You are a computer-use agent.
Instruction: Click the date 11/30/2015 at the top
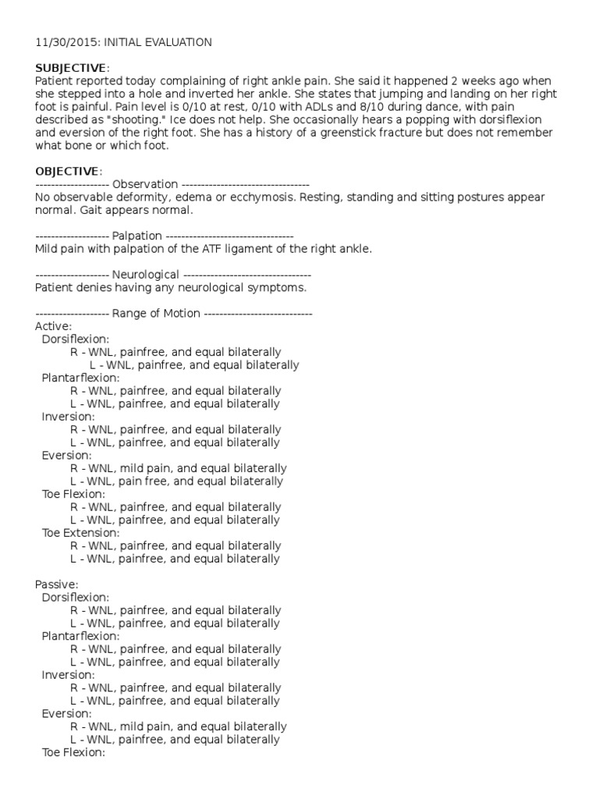[63, 42]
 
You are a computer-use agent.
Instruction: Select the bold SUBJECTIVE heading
[70, 68]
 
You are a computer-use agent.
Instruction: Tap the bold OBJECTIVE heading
[67, 171]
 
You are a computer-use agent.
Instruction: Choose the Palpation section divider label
[137, 236]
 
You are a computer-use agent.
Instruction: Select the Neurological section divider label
[147, 275]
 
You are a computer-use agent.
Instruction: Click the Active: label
[54, 326]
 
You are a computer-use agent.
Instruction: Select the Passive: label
[57, 584]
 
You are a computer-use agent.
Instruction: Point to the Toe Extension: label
[80, 533]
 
